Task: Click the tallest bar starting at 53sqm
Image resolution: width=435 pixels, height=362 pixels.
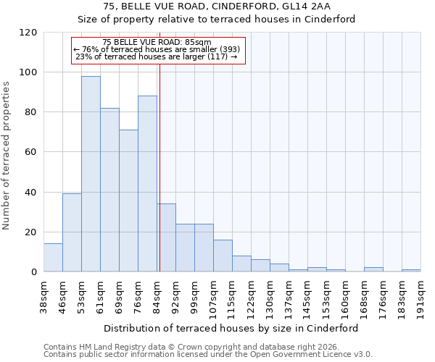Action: pos(91,174)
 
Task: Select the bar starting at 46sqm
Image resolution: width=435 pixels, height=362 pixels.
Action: pos(72,232)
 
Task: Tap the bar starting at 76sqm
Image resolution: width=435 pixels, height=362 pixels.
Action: pos(147,184)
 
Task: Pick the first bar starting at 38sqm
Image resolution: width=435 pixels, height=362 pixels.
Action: pos(53,258)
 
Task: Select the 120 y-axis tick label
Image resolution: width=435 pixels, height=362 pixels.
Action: pos(28,33)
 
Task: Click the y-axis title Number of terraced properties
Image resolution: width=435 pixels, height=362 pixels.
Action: pos(7,156)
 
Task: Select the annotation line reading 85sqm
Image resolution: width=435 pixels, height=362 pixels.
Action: pos(157,43)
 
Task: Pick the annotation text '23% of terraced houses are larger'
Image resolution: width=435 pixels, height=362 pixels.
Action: pos(156,56)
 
